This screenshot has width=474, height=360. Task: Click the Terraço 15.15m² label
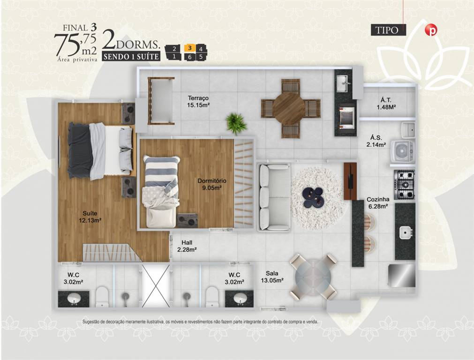pyautogui.click(x=198, y=102)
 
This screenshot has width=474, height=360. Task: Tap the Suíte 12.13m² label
pyautogui.click(x=90, y=217)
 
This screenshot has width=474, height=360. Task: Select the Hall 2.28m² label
pyautogui.click(x=187, y=246)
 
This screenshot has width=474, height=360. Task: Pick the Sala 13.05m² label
pyautogui.click(x=272, y=277)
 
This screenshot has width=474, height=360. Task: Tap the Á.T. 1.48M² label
pyautogui.click(x=386, y=103)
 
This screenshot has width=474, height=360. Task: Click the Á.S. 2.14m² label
pyautogui.click(x=376, y=141)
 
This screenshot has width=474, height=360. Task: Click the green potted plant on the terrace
pyautogui.click(x=236, y=123)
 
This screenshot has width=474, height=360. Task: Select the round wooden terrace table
pyautogui.click(x=289, y=108)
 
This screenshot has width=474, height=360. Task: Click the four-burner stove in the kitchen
pyautogui.click(x=404, y=184)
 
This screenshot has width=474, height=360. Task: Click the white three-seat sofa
pyautogui.click(x=274, y=197)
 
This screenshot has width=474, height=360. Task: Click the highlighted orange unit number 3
pyautogui.click(x=189, y=48)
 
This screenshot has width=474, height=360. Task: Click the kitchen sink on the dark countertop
pyautogui.click(x=406, y=233)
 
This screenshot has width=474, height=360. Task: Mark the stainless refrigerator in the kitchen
pyautogui.click(x=401, y=276)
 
